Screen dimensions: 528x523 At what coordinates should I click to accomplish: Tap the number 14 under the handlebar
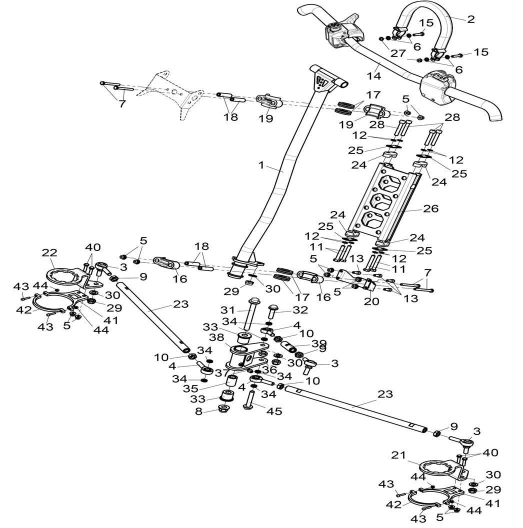(x=373, y=76)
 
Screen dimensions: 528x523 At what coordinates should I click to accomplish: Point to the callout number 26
(x=431, y=208)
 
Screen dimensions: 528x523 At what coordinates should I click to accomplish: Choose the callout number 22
(x=50, y=253)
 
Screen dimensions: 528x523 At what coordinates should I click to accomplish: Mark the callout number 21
(x=398, y=455)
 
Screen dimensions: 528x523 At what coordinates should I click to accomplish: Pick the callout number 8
(x=199, y=412)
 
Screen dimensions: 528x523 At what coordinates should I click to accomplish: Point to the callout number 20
(x=371, y=301)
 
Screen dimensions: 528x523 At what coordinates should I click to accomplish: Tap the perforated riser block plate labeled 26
(x=382, y=200)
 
